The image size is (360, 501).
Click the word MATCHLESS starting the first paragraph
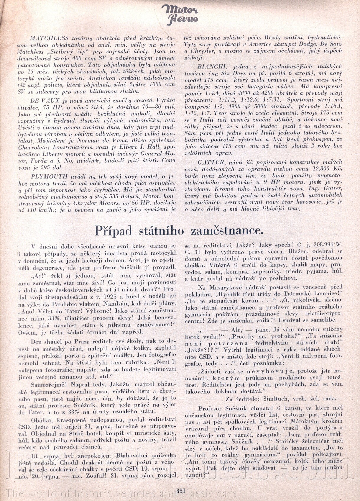pyautogui.click(x=49, y=38)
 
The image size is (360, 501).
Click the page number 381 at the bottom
pyautogui.click(x=180, y=491)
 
